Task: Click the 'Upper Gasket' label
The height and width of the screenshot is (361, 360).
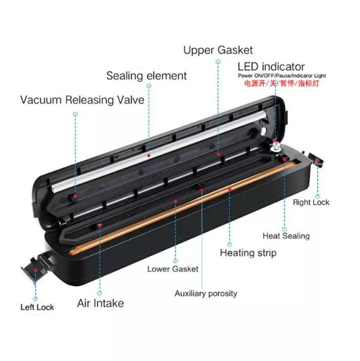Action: click(x=218, y=51)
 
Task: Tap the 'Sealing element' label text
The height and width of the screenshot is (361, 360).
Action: click(x=146, y=76)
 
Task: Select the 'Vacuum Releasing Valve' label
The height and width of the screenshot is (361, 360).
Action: click(x=82, y=100)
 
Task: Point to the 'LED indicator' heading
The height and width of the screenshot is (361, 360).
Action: click(x=271, y=67)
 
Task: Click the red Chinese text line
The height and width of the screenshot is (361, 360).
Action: click(x=282, y=83)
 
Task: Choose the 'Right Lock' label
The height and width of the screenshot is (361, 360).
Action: click(x=311, y=202)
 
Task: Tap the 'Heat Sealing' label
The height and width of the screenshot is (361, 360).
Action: click(x=286, y=236)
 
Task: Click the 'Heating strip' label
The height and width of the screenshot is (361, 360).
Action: click(x=248, y=253)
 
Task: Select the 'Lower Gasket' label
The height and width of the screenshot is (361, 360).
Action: click(x=173, y=269)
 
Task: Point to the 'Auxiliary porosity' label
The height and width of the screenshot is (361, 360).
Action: click(x=206, y=294)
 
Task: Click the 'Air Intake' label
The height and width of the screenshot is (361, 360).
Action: click(x=101, y=303)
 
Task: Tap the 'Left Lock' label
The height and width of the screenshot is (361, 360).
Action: click(x=37, y=307)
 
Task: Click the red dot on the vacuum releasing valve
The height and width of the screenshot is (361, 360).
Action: click(x=75, y=196)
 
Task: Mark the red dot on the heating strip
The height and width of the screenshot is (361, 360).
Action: click(x=229, y=190)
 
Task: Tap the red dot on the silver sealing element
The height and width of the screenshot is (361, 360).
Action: click(x=149, y=156)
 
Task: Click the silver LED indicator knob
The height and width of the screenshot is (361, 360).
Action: click(x=276, y=146)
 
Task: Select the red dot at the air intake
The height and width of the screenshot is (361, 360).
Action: click(x=100, y=226)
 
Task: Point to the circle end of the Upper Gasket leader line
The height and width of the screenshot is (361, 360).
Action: click(x=218, y=62)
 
